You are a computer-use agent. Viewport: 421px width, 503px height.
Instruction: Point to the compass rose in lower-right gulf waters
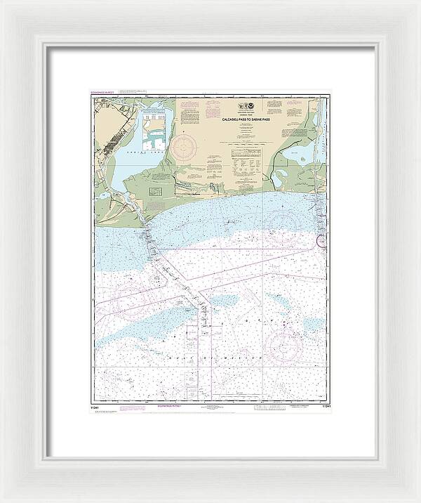[286, 344]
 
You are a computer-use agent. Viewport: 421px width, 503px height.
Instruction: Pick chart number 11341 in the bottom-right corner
[324, 405]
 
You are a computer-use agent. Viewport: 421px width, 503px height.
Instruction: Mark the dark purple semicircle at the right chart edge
[323, 242]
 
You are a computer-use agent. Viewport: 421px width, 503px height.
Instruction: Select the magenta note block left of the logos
[192, 112]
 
